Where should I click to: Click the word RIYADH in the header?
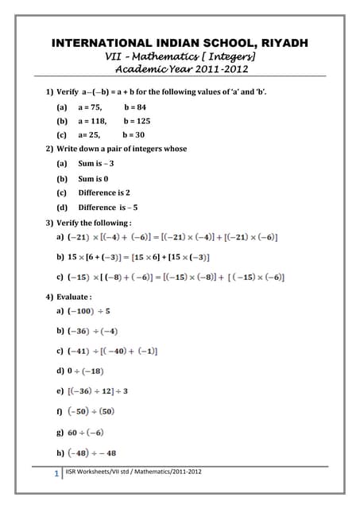click(x=279, y=42)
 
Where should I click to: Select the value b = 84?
click(x=136, y=107)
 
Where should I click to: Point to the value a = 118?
click(x=91, y=121)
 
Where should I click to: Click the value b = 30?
click(x=135, y=135)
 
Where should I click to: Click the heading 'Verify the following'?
click(x=94, y=222)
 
